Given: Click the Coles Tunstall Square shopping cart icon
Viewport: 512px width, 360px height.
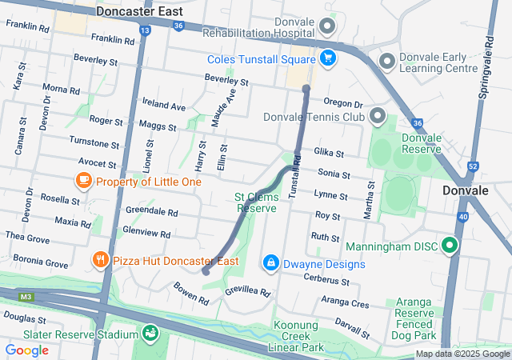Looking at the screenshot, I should point(327,58).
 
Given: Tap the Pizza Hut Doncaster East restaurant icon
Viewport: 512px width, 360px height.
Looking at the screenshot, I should point(100,260).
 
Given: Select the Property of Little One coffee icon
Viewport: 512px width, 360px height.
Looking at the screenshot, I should point(83,181).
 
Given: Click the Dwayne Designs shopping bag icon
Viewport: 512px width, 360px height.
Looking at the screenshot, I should point(271,262).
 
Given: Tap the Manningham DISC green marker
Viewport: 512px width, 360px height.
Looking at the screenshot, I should point(450,246).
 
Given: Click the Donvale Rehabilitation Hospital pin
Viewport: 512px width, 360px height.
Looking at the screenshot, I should point(326,26).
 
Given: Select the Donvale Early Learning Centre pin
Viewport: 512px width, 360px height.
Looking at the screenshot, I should point(387,61).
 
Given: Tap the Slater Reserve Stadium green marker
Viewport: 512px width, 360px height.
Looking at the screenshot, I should point(150,332).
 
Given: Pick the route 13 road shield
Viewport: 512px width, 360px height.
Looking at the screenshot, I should point(144,30).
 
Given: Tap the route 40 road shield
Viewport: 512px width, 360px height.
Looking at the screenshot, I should point(464,216).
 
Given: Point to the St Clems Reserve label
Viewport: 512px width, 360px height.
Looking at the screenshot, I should point(255,202).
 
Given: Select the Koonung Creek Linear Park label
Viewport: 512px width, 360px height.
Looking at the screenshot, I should point(298,336).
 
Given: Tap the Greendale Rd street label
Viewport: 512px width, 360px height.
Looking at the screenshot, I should point(151,212).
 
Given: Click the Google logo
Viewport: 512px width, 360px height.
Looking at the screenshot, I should point(26,350).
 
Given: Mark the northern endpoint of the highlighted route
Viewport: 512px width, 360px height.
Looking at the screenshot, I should point(306,89).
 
